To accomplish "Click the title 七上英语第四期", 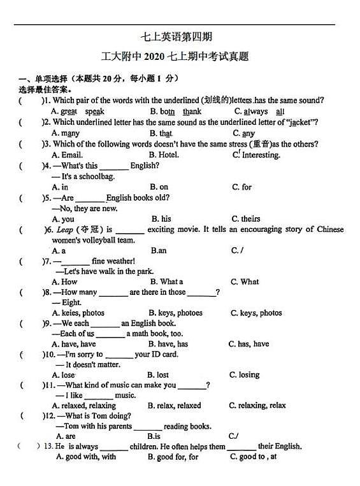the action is pos(181,38).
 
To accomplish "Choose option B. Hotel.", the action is pos(164,155).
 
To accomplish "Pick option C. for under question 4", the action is pos(241,187).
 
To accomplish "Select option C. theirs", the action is pos(245,219).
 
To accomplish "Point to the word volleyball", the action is pos(98,240).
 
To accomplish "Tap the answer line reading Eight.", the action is pos(71,303).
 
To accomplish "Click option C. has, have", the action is pos(248,344).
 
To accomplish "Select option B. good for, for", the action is pos(173,457).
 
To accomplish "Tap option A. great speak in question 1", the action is pos(78,111).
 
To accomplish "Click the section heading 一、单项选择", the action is pos(44,78).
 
